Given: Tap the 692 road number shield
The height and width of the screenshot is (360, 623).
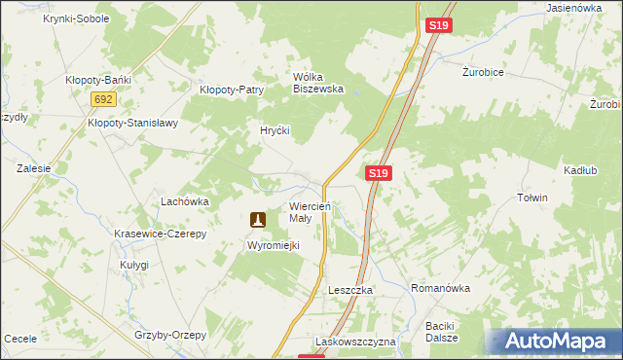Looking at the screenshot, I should pyautogui.click(x=104, y=99).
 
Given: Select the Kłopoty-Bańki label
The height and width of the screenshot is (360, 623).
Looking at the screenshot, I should pyautogui.click(x=97, y=80).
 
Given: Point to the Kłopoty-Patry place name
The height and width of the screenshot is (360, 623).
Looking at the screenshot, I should pyautogui.click(x=232, y=90).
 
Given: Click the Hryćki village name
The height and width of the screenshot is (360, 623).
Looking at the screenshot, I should pyautogui.click(x=275, y=129).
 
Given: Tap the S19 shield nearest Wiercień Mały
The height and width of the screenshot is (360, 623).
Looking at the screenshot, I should pyautogui.click(x=380, y=173).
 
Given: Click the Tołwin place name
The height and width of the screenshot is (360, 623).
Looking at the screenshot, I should pyautogui.click(x=532, y=198).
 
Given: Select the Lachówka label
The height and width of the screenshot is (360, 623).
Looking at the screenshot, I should pyautogui.click(x=185, y=201).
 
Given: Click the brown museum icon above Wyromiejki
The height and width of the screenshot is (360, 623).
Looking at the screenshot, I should pyautogui.click(x=258, y=221).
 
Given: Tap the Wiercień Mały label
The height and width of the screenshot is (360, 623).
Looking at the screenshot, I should pyautogui.click(x=312, y=212).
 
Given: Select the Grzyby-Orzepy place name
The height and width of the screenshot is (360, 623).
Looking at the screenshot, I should pyautogui.click(x=171, y=335).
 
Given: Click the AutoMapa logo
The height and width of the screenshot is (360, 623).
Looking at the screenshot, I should pyautogui.click(x=554, y=341).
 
